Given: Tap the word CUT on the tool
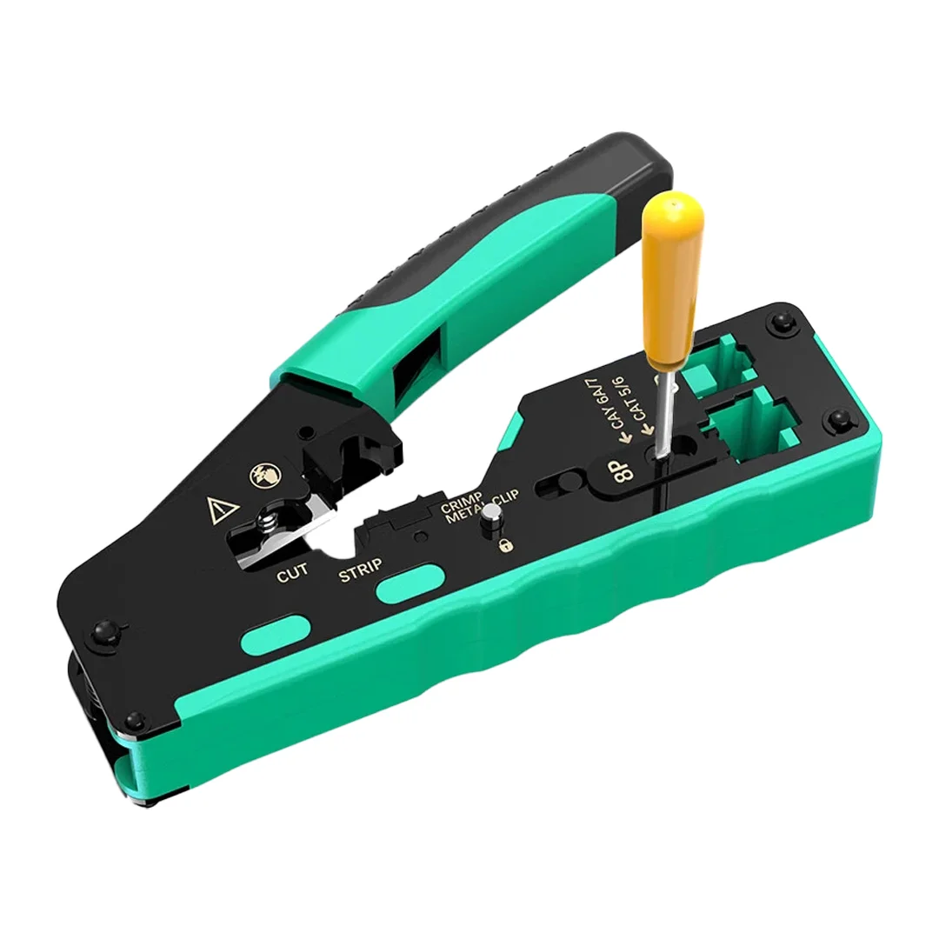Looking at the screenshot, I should [293, 575].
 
